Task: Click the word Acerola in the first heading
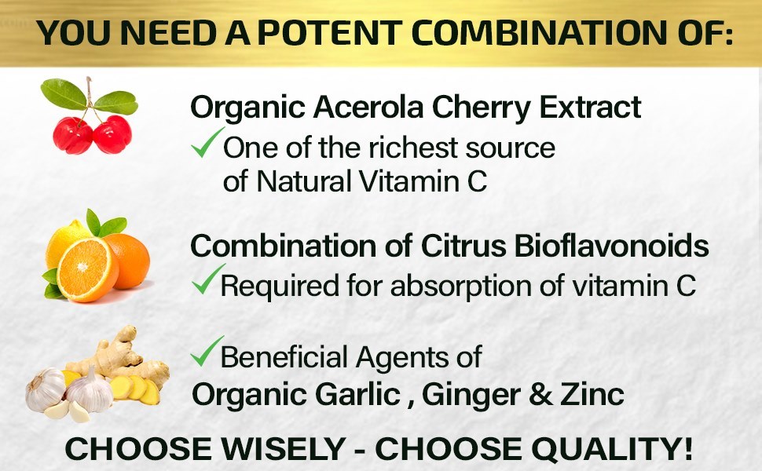[x=368, y=107]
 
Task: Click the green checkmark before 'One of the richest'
[x=207, y=142]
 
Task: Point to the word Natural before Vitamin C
[x=303, y=181]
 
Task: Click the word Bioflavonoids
[x=611, y=246]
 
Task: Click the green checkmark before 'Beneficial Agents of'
[x=207, y=351]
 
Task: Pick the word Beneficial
[x=284, y=357]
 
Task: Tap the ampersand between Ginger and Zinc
[x=540, y=395]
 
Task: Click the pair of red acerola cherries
[x=93, y=134]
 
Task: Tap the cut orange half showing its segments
[x=87, y=268]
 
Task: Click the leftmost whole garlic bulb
[x=46, y=390]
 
